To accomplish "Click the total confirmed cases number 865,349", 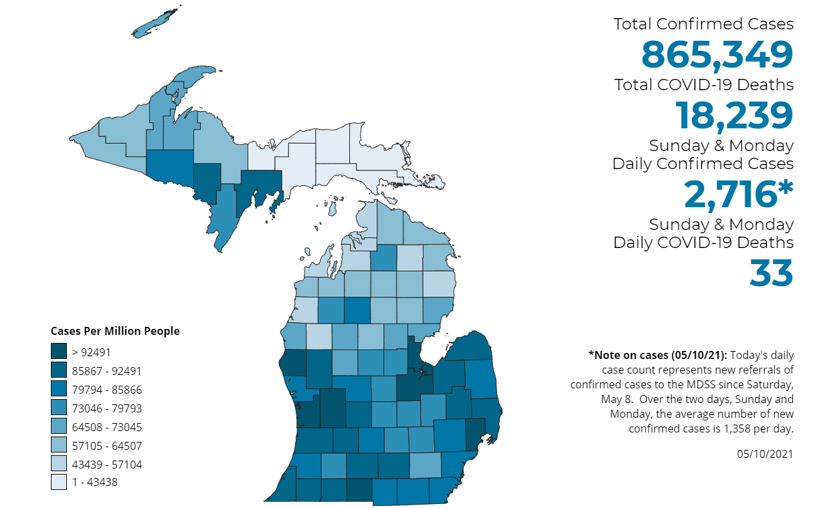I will tap(717, 55).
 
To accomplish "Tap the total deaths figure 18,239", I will tap(734, 115).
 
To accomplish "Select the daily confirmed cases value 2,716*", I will tap(738, 194).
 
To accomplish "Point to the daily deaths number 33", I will tap(771, 273).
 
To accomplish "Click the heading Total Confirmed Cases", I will tap(703, 24).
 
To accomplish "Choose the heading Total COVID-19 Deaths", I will tap(704, 85).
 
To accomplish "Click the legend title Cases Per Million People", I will tap(115, 331).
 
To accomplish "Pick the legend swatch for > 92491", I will tap(59, 352).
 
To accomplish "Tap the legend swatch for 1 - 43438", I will tap(59, 482).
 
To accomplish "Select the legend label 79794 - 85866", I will tap(106, 390).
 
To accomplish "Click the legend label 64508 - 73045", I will tap(106, 427).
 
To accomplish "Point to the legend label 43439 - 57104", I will tap(106, 464).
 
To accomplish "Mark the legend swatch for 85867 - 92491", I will tap(59, 370).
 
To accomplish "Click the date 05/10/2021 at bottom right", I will tap(765, 454).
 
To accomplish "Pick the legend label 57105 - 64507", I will tap(106, 445).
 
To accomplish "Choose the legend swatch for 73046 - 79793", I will tap(59, 408).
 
